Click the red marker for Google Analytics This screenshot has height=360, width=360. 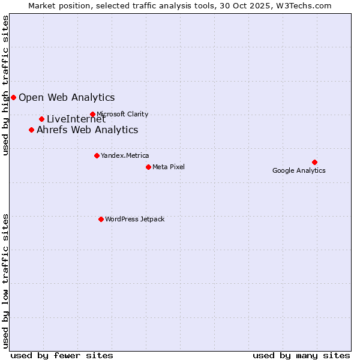click(314, 162)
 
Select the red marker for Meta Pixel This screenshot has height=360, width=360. click(148, 167)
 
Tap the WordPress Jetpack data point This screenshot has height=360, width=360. click(101, 219)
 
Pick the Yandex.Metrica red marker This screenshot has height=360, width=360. click(97, 155)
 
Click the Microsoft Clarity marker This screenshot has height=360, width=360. click(92, 114)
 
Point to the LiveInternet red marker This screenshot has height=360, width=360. click(41, 119)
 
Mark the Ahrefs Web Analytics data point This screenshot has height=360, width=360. click(31, 130)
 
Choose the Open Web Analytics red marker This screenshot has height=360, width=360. click(13, 97)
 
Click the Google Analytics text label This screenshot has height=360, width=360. click(299, 170)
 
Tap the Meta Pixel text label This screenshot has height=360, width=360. click(169, 167)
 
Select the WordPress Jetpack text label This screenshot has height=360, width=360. click(134, 219)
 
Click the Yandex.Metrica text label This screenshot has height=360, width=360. click(125, 155)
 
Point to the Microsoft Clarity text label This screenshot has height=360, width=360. click(122, 114)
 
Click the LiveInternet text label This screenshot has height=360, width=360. click(76, 119)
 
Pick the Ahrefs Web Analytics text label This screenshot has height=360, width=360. click(88, 130)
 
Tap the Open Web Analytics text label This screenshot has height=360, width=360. click(67, 97)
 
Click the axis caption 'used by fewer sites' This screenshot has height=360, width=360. click(62, 355)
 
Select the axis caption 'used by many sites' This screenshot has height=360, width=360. click(301, 355)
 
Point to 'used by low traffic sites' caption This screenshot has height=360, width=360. click(5, 281)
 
